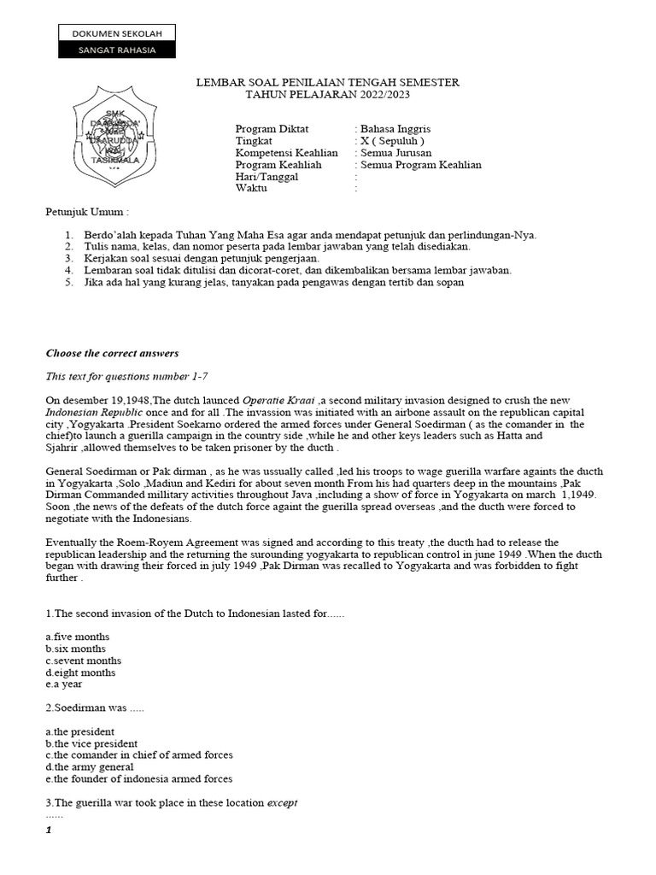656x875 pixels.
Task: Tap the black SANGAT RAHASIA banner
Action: [117, 50]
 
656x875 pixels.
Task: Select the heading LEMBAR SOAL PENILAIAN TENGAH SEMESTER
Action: [328, 82]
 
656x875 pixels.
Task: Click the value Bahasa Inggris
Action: [397, 129]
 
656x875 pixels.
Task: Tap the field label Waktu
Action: [250, 189]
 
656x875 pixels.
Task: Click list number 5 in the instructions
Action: [69, 283]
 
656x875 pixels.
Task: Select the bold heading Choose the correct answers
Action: [112, 353]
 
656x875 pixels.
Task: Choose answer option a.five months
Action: [77, 637]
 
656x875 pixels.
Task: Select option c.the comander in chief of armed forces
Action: [139, 755]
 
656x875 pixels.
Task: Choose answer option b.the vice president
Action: [91, 743]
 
